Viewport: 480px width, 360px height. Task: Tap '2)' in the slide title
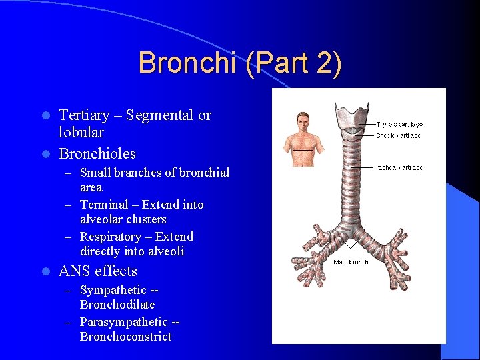(327, 63)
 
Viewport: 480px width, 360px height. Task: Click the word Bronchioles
(97, 154)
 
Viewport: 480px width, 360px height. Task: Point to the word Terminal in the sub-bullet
(108, 205)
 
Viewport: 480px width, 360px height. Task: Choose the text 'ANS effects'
(98, 271)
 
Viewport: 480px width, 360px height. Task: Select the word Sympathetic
(113, 290)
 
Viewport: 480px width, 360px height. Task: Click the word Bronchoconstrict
(125, 337)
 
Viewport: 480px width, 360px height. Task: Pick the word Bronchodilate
(117, 305)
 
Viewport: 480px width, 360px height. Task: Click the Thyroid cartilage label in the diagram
(399, 125)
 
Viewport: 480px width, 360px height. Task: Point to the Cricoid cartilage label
(398, 136)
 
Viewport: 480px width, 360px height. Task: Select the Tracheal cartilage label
(399, 168)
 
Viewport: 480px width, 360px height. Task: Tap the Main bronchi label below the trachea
(351, 262)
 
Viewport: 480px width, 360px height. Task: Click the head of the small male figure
(303, 121)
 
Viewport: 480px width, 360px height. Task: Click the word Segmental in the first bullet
(163, 115)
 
